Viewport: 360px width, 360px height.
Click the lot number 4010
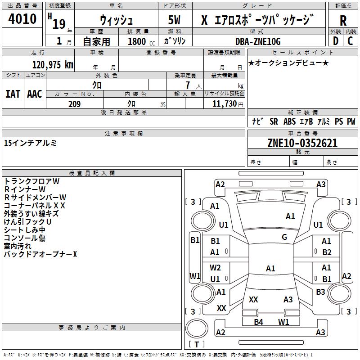click(22, 19)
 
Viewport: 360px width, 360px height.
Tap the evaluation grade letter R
click(343, 21)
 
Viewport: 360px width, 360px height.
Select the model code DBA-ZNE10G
click(258, 41)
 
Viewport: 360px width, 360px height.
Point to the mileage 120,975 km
click(53, 65)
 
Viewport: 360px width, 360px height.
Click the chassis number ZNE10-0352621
click(302, 143)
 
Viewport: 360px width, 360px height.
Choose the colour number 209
click(74, 104)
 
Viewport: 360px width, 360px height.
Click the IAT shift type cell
click(13, 94)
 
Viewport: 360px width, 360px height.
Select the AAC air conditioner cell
click(35, 94)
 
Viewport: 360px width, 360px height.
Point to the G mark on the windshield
click(284, 237)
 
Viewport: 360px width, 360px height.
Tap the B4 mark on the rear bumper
click(258, 322)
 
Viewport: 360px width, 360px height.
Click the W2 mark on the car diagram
click(215, 268)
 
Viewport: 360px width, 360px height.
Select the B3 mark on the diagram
click(320, 292)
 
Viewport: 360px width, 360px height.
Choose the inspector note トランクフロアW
click(32, 181)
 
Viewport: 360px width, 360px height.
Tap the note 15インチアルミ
click(30, 143)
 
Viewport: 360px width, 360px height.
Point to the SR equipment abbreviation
click(274, 121)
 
